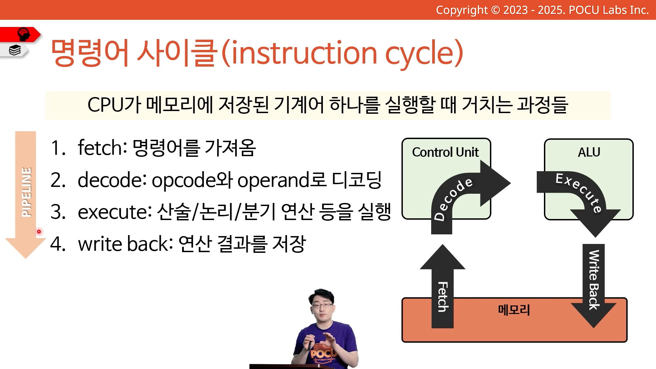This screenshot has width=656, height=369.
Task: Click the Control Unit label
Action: tap(445, 152)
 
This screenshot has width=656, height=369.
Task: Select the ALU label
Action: tap(589, 152)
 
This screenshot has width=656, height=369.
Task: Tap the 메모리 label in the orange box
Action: tap(514, 310)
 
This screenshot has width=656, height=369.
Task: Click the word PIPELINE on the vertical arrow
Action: tap(26, 192)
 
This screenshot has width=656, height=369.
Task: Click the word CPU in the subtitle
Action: tap(105, 105)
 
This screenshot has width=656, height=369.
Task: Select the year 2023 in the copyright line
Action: tap(515, 10)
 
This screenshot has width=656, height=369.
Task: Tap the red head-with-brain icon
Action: tap(24, 34)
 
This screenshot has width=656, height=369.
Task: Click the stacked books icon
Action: tap(15, 50)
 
